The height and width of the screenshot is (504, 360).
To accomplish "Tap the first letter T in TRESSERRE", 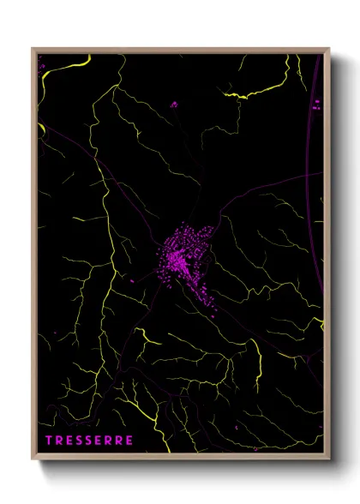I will pos(49,441).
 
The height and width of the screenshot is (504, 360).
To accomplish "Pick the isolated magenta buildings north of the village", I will pos(174,105).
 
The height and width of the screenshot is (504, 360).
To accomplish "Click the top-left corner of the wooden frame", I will pos(33,49).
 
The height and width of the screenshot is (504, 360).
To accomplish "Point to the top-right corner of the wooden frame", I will pos(329,49).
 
